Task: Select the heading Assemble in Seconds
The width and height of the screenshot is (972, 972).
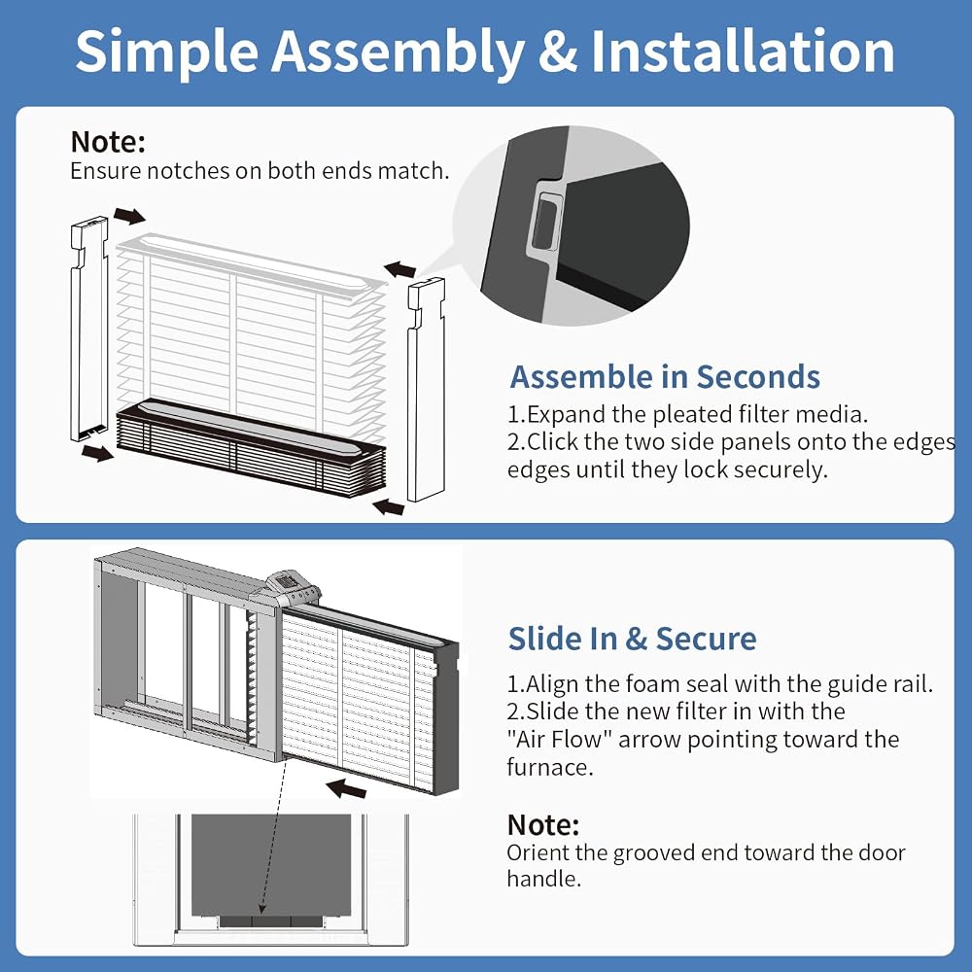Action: pyautogui.click(x=665, y=377)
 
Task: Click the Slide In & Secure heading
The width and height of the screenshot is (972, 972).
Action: pyautogui.click(x=633, y=639)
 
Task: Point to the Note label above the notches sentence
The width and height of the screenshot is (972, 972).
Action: pyautogui.click(x=108, y=142)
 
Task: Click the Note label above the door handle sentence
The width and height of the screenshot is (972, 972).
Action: pyautogui.click(x=543, y=825)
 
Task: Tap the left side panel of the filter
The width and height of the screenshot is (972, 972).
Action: pyautogui.click(x=89, y=329)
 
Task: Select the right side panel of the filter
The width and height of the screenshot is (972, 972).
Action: pyautogui.click(x=426, y=390)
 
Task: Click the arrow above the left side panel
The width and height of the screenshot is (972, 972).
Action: pyautogui.click(x=129, y=217)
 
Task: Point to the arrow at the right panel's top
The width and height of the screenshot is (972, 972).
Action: pyautogui.click(x=399, y=269)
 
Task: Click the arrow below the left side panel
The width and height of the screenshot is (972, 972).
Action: pyautogui.click(x=97, y=453)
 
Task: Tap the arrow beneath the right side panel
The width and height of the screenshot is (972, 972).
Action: pyautogui.click(x=389, y=507)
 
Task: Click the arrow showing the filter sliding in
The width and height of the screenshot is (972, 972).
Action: pyautogui.click(x=346, y=789)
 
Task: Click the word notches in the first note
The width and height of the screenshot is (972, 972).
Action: pyautogui.click(x=188, y=171)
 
